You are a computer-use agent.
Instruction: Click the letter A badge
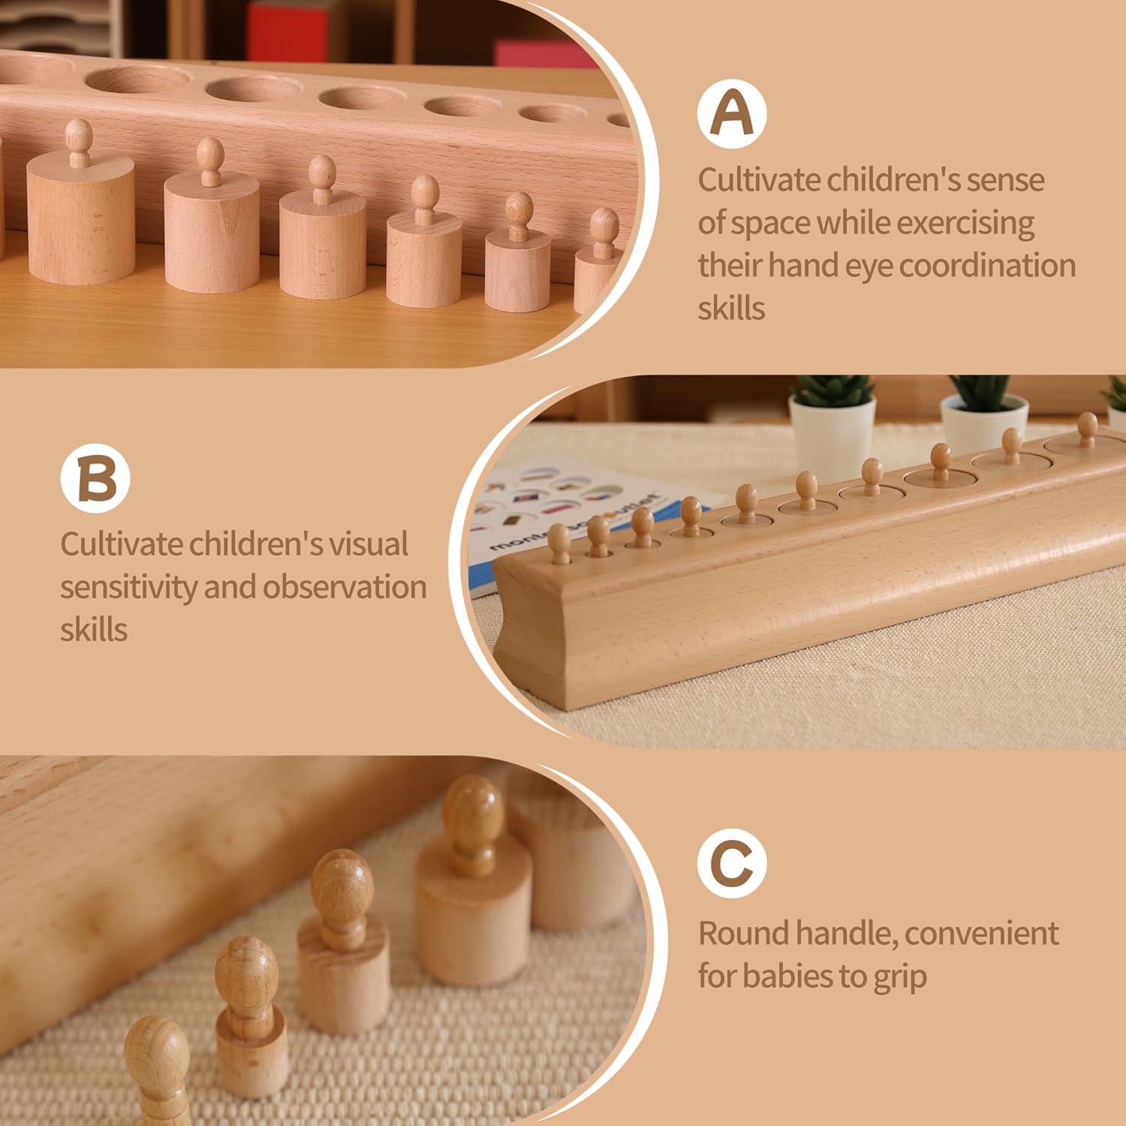coord(731,113)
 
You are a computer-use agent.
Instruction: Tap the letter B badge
coord(95,477)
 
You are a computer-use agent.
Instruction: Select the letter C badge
coord(731,863)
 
